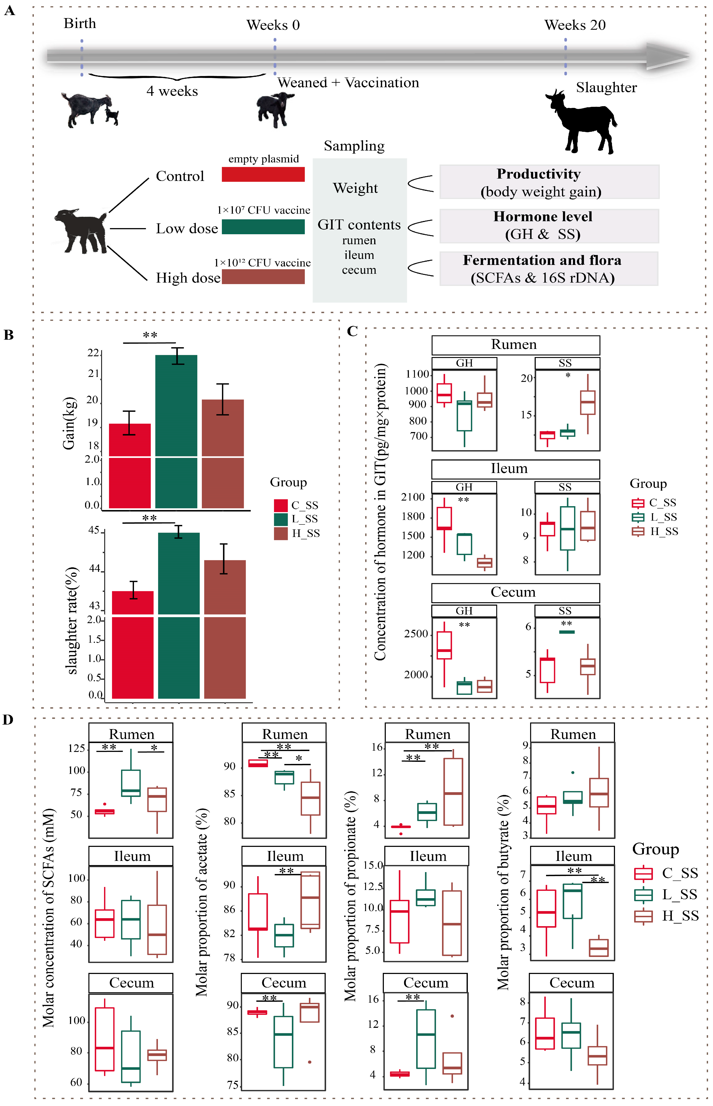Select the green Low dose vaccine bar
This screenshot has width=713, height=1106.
coord(263,227)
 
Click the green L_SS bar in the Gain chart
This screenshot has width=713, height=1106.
coord(176,431)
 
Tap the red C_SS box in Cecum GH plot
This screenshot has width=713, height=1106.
coord(444,645)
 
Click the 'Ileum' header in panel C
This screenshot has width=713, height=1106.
coord(509,468)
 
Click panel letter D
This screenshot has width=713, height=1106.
coord(8,720)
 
